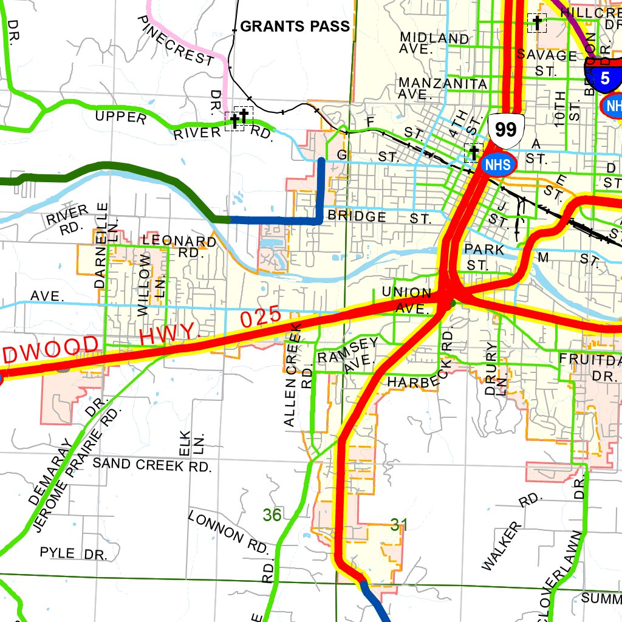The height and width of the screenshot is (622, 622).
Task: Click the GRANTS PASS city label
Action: click(295, 26)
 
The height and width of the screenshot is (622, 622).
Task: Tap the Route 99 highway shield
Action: click(505, 129)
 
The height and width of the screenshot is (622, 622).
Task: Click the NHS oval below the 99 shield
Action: click(498, 163)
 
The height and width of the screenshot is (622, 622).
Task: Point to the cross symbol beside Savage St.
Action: click(537, 23)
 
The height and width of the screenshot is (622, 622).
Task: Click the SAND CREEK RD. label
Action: click(152, 465)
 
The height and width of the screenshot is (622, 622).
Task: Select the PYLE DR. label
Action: click(73, 553)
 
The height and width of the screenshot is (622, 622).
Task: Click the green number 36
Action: click(272, 515)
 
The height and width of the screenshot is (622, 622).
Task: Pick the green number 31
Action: click(395, 525)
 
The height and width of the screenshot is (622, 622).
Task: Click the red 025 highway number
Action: click(261, 317)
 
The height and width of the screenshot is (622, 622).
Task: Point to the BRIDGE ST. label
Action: click(379, 217)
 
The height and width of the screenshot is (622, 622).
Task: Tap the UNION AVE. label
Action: click(407, 301)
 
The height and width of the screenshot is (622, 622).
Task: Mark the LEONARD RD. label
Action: click(179, 246)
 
